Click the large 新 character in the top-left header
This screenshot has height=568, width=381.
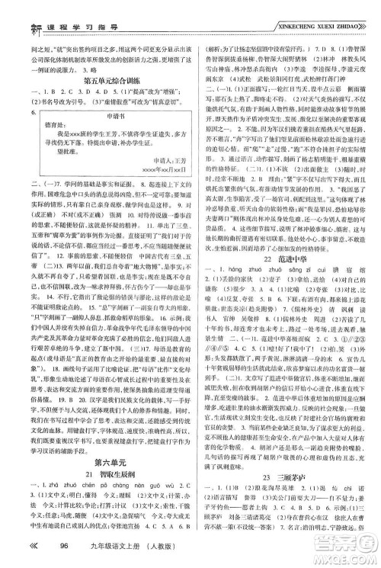(x=13, y=15)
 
